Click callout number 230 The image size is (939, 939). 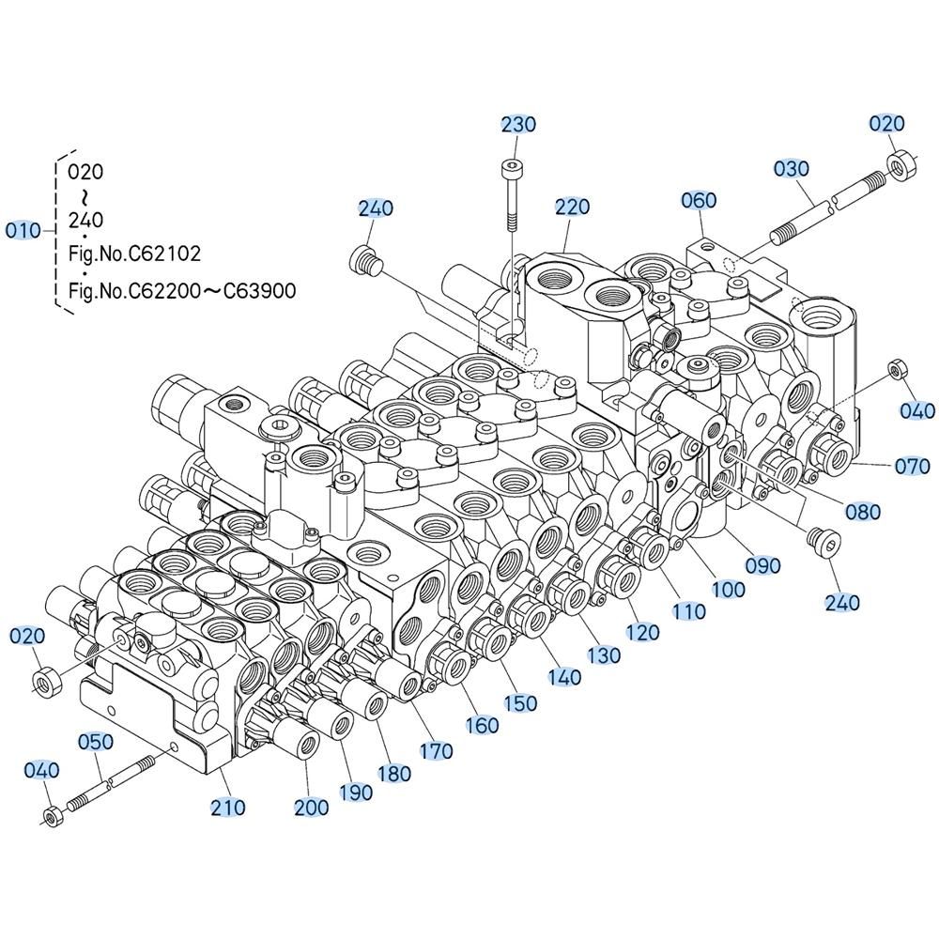(518, 125)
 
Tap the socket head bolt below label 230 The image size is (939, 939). (511, 195)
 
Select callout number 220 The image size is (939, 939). (573, 207)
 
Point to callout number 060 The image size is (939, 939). (699, 200)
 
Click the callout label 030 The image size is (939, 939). (791, 169)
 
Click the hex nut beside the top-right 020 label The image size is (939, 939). (901, 165)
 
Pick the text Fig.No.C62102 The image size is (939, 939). (134, 254)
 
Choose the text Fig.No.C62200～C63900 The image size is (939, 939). (182, 291)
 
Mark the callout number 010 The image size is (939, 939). (23, 230)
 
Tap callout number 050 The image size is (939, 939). (96, 742)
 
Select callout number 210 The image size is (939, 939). (228, 808)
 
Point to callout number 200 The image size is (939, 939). (312, 808)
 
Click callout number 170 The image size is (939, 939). (436, 751)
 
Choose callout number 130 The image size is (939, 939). (604, 655)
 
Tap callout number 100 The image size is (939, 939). (729, 590)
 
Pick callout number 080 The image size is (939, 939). (863, 512)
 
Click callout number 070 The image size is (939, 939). (912, 466)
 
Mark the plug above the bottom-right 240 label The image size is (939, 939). (824, 542)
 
